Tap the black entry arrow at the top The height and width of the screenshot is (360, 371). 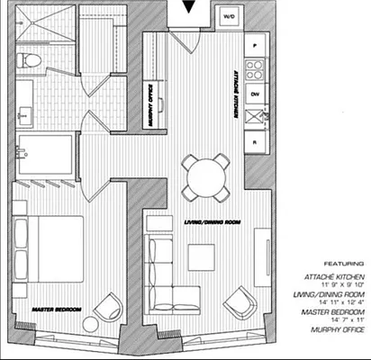coord(186,9)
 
